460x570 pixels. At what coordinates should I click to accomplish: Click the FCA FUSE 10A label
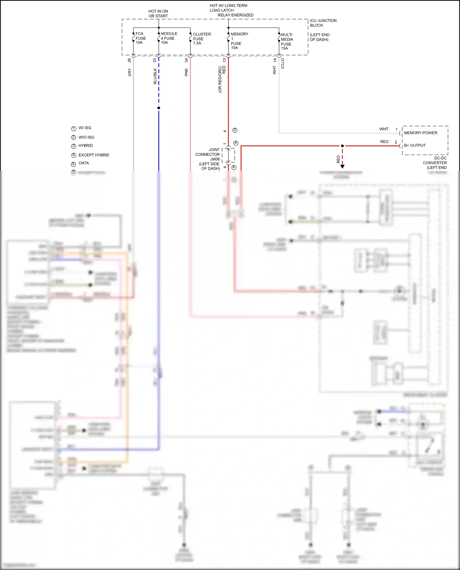(x=140, y=38)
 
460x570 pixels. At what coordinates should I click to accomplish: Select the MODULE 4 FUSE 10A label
(x=169, y=38)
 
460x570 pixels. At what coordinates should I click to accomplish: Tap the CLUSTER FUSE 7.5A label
(x=201, y=39)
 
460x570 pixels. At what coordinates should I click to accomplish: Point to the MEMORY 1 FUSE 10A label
(x=239, y=41)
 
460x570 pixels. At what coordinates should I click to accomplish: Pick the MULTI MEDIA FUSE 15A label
(x=287, y=41)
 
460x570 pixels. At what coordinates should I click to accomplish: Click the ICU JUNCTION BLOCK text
(x=323, y=23)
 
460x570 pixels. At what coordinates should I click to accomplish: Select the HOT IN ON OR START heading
(x=158, y=13)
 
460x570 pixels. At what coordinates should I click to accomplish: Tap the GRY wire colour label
(x=129, y=73)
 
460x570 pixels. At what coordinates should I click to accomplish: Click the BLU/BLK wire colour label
(x=155, y=76)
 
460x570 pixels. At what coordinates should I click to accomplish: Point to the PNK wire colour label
(x=186, y=73)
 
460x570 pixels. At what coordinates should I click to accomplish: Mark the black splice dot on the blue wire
(x=159, y=108)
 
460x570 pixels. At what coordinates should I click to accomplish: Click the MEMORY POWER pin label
(x=420, y=133)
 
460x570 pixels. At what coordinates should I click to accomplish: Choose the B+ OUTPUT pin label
(x=415, y=145)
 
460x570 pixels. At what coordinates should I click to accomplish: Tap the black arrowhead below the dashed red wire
(x=342, y=167)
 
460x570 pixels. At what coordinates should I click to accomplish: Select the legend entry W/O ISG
(x=86, y=137)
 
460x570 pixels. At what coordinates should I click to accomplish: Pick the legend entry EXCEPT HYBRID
(x=94, y=155)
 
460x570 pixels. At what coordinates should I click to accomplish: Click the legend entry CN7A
(x=83, y=163)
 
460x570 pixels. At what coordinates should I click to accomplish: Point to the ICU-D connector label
(x=282, y=63)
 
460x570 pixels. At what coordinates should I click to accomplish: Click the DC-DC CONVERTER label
(x=435, y=163)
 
